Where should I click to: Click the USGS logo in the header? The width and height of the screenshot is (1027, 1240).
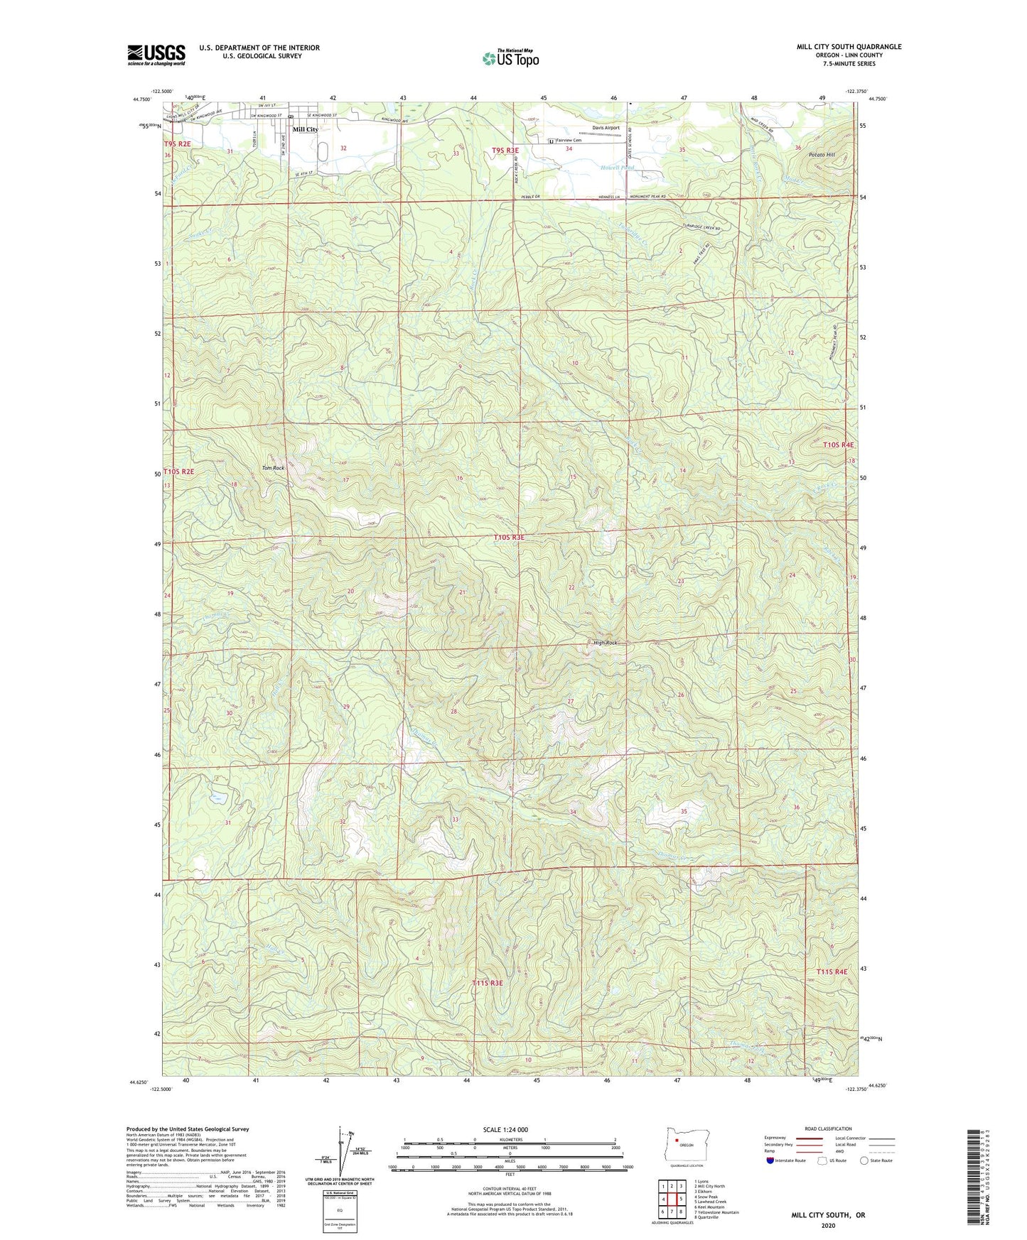coord(156,55)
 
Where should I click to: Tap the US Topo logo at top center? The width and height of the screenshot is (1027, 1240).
coord(510,58)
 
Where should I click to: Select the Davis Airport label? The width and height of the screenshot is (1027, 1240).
coord(606,128)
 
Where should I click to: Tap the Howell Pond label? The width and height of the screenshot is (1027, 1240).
coord(617,168)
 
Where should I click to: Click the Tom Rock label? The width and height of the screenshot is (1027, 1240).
coord(273,468)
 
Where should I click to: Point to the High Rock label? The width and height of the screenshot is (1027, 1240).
coord(606,643)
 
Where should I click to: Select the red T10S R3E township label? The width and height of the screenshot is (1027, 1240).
coord(509,538)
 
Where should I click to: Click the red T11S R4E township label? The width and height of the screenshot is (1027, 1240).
coord(832,971)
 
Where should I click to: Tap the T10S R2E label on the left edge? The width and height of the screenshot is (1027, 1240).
coord(178,471)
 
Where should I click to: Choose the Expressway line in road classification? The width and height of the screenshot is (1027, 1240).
coord(809,1138)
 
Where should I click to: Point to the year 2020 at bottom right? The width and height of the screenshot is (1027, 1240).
coord(828,1225)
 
